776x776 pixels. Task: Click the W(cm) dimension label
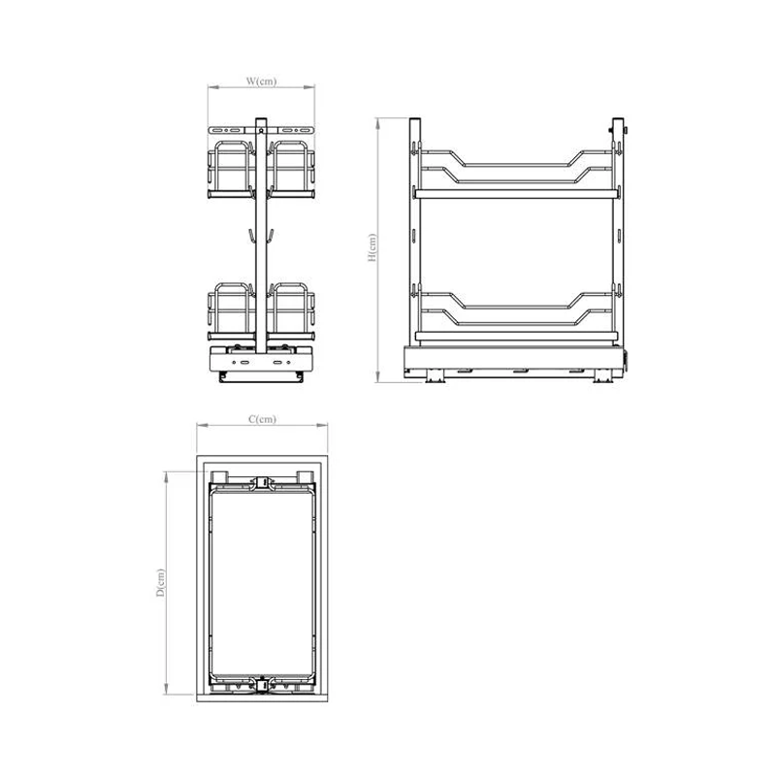pyautogui.click(x=261, y=81)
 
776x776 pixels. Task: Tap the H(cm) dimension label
pyautogui.click(x=372, y=247)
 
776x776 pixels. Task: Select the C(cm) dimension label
pyautogui.click(x=262, y=419)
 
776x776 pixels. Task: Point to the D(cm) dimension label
pyautogui.click(x=160, y=583)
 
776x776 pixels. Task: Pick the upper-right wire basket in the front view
pyautogui.click(x=291, y=170)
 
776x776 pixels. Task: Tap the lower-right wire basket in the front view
pyautogui.click(x=291, y=311)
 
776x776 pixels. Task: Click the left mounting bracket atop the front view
pyautogui.click(x=227, y=130)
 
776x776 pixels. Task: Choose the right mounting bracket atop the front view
pyautogui.click(x=296, y=130)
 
